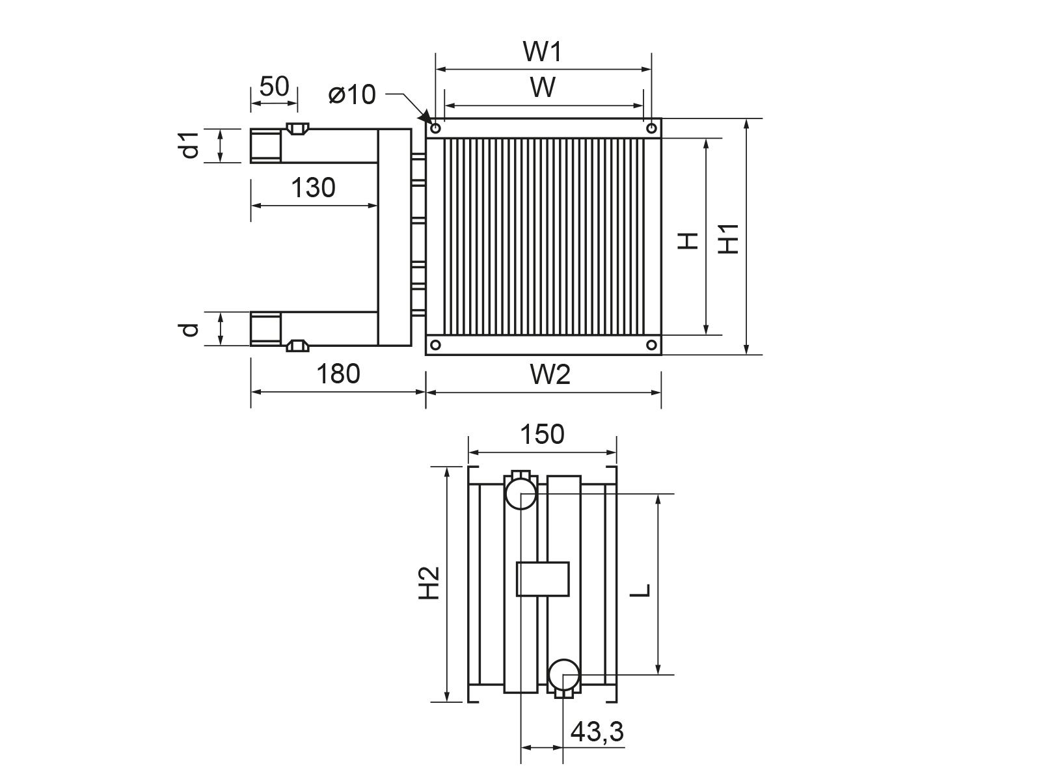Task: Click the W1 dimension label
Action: click(543, 51)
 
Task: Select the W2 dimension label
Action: click(550, 375)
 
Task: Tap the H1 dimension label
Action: click(729, 238)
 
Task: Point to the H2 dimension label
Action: click(429, 582)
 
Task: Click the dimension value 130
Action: click(313, 188)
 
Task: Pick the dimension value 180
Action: click(338, 374)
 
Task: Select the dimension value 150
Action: click(543, 434)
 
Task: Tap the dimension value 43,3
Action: click(597, 733)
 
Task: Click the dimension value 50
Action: click(274, 87)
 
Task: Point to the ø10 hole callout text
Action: click(352, 94)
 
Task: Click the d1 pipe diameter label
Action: click(191, 145)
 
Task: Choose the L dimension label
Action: click(641, 590)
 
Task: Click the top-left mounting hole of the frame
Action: click(435, 128)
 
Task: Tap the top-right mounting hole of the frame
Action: click(652, 128)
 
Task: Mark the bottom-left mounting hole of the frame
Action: click(435, 345)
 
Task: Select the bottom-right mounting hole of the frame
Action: click(652, 345)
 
